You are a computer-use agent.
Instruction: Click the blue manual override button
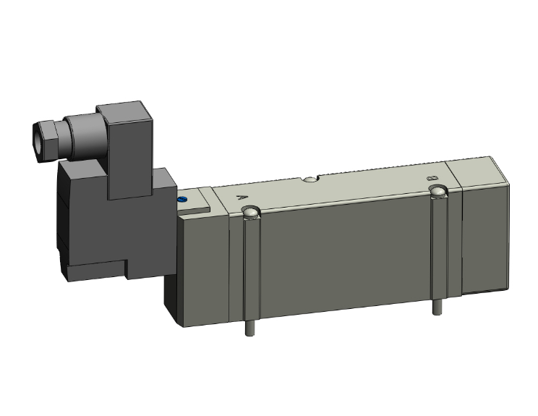[x=182, y=198]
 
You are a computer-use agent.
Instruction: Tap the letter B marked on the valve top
[x=432, y=177]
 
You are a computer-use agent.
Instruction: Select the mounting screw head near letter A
[x=251, y=213]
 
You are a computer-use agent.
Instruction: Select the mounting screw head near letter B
[x=437, y=192]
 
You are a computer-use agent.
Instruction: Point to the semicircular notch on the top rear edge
[x=310, y=178]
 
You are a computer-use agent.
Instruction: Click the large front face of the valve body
[x=347, y=253]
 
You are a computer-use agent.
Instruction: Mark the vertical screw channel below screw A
[x=250, y=268]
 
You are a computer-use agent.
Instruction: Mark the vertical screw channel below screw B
[x=437, y=246]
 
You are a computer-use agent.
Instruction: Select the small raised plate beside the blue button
[x=199, y=204]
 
